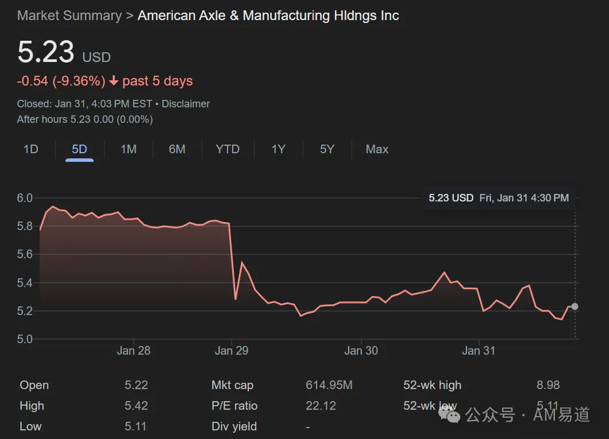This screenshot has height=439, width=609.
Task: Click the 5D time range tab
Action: click(x=79, y=149)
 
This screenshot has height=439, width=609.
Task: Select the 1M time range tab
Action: click(x=129, y=149)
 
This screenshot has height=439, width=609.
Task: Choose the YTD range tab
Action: click(x=228, y=149)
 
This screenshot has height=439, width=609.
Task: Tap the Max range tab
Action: click(x=377, y=149)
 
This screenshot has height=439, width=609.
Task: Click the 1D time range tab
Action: click(x=30, y=149)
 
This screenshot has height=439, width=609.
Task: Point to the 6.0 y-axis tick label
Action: click(x=25, y=198)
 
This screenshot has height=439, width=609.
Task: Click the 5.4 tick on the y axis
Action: click(x=25, y=283)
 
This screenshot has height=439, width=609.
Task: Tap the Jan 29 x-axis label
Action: click(x=232, y=351)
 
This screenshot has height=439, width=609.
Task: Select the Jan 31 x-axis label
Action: click(x=479, y=351)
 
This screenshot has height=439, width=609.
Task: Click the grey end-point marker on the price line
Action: click(x=575, y=307)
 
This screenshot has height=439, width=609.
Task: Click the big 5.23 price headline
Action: click(x=46, y=52)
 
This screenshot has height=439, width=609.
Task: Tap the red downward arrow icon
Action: click(x=114, y=81)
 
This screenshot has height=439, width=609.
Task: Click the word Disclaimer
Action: click(x=186, y=104)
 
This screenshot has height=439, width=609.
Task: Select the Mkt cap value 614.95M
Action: click(x=329, y=385)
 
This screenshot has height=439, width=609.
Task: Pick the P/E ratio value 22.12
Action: click(x=321, y=406)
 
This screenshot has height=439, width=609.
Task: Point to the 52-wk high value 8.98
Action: click(x=548, y=385)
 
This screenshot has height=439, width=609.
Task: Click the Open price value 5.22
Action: click(x=136, y=385)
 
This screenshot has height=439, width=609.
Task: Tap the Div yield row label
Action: click(x=234, y=426)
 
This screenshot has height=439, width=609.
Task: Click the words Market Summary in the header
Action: click(x=70, y=15)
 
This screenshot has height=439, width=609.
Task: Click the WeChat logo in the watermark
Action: click(x=449, y=414)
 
